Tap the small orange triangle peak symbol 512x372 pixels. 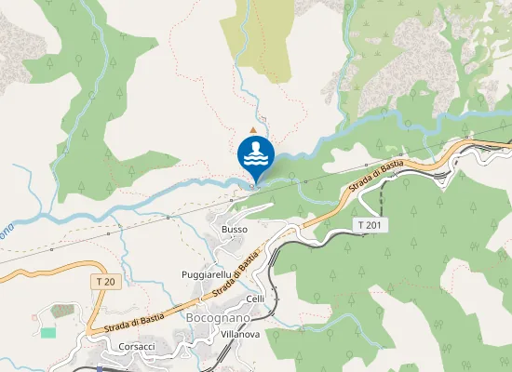(253, 129)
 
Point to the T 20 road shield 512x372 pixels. (106, 282)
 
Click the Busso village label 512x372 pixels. (235, 229)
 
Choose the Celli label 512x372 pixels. (256, 299)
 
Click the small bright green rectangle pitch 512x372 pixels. (48, 332)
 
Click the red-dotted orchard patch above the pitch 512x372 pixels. (61, 310)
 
